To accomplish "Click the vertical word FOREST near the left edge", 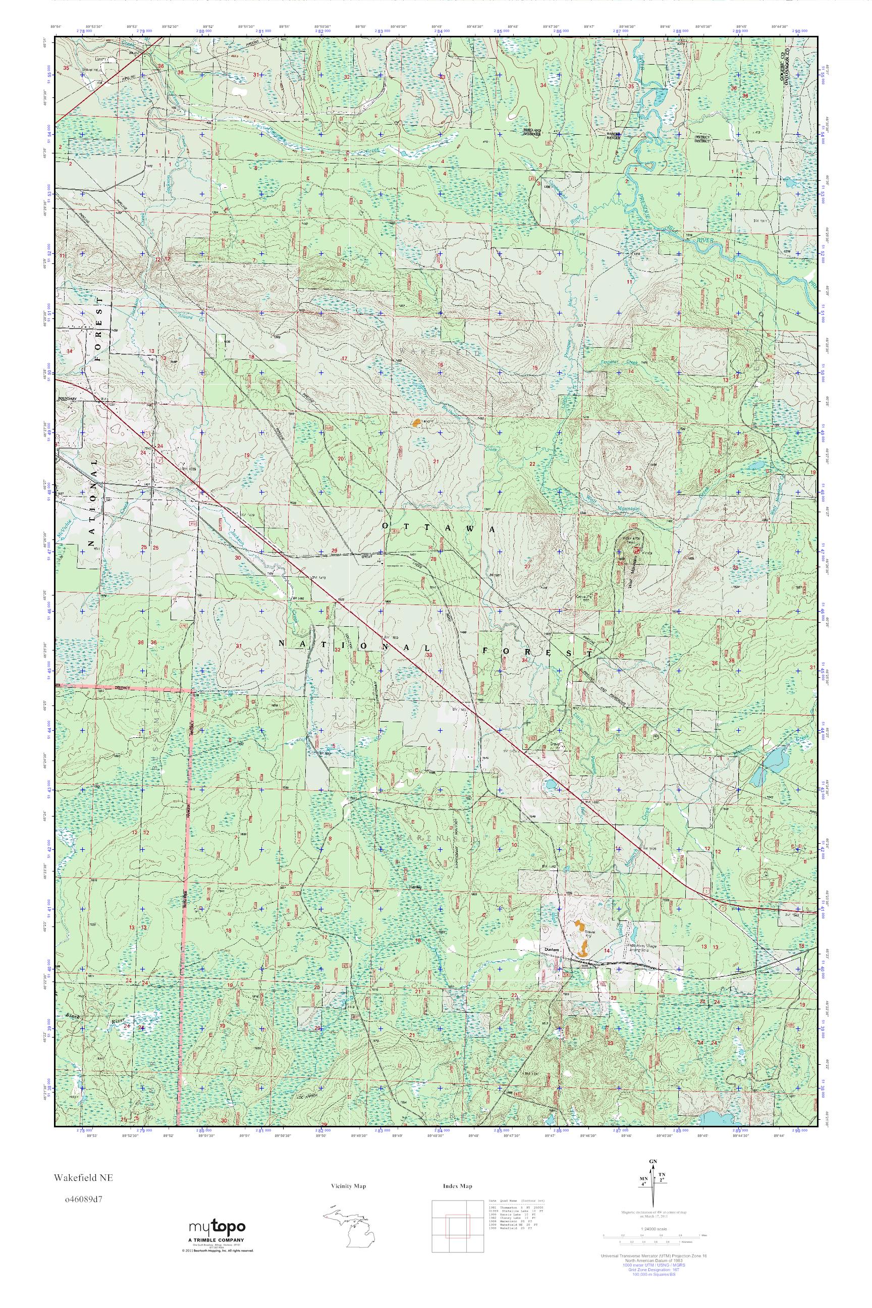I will point(99,331).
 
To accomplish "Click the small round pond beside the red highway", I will point(550,785).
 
